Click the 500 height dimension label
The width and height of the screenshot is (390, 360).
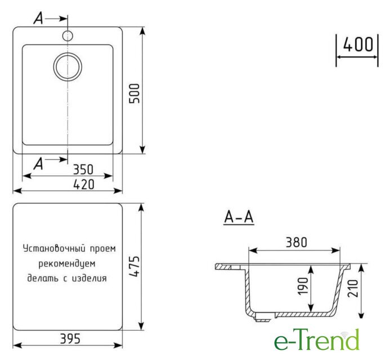pyautogui.click(x=135, y=93)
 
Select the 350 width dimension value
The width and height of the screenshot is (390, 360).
pyautogui.click(x=83, y=169)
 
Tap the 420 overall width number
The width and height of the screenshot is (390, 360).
pyautogui.click(x=84, y=184)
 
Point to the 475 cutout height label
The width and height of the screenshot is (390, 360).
pyautogui.click(x=135, y=266)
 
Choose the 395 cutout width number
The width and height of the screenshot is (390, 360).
pyautogui.click(x=70, y=339)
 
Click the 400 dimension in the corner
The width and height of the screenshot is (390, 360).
pyautogui.click(x=358, y=45)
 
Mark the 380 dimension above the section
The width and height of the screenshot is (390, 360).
pyautogui.click(x=297, y=242)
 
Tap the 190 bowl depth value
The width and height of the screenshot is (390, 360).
pyautogui.click(x=303, y=286)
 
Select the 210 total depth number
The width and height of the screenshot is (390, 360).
pyautogui.click(x=353, y=288)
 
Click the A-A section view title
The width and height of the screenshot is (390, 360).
pyautogui.click(x=239, y=217)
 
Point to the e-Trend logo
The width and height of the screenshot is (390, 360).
pyautogui.click(x=317, y=339)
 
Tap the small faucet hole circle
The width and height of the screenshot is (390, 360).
pyautogui.click(x=67, y=36)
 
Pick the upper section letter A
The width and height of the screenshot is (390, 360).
pyautogui.click(x=38, y=19)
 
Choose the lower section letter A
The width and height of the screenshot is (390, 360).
pyautogui.click(x=38, y=164)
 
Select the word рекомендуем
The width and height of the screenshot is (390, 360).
pyautogui.click(x=67, y=264)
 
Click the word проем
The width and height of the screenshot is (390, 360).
pyautogui.click(x=103, y=249)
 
